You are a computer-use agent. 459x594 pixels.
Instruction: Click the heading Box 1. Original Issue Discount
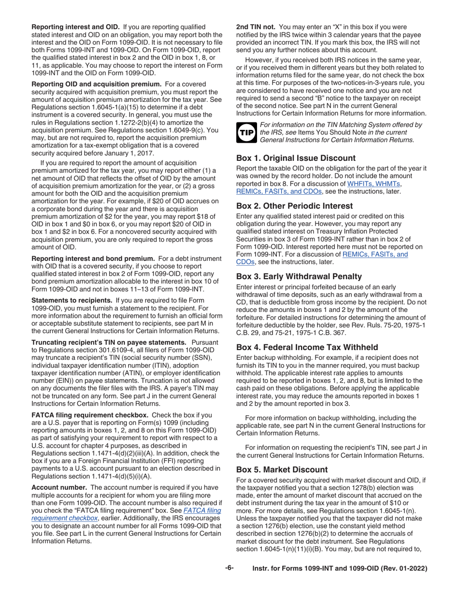(x=296, y=158)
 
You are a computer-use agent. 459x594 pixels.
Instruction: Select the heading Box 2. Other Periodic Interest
(x=294, y=206)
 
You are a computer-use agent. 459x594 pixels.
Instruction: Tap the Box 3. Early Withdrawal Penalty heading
(x=299, y=276)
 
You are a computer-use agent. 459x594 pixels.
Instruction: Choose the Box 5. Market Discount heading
(x=282, y=469)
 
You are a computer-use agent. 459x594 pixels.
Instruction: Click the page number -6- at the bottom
(x=229, y=568)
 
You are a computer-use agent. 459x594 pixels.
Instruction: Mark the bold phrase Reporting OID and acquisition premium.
(x=97, y=84)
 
